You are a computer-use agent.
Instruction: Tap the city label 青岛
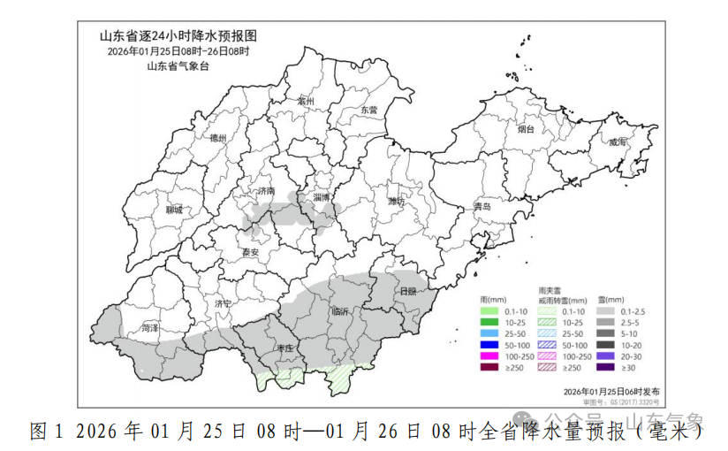482,206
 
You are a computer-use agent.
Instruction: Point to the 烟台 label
526,129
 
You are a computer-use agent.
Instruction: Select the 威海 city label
617,142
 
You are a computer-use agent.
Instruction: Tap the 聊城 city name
174,210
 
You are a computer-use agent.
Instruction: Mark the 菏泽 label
150,328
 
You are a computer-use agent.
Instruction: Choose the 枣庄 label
284,349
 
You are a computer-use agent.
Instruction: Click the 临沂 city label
340,311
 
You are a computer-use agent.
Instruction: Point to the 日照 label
407,291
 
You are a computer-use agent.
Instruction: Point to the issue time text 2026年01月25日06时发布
610,390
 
